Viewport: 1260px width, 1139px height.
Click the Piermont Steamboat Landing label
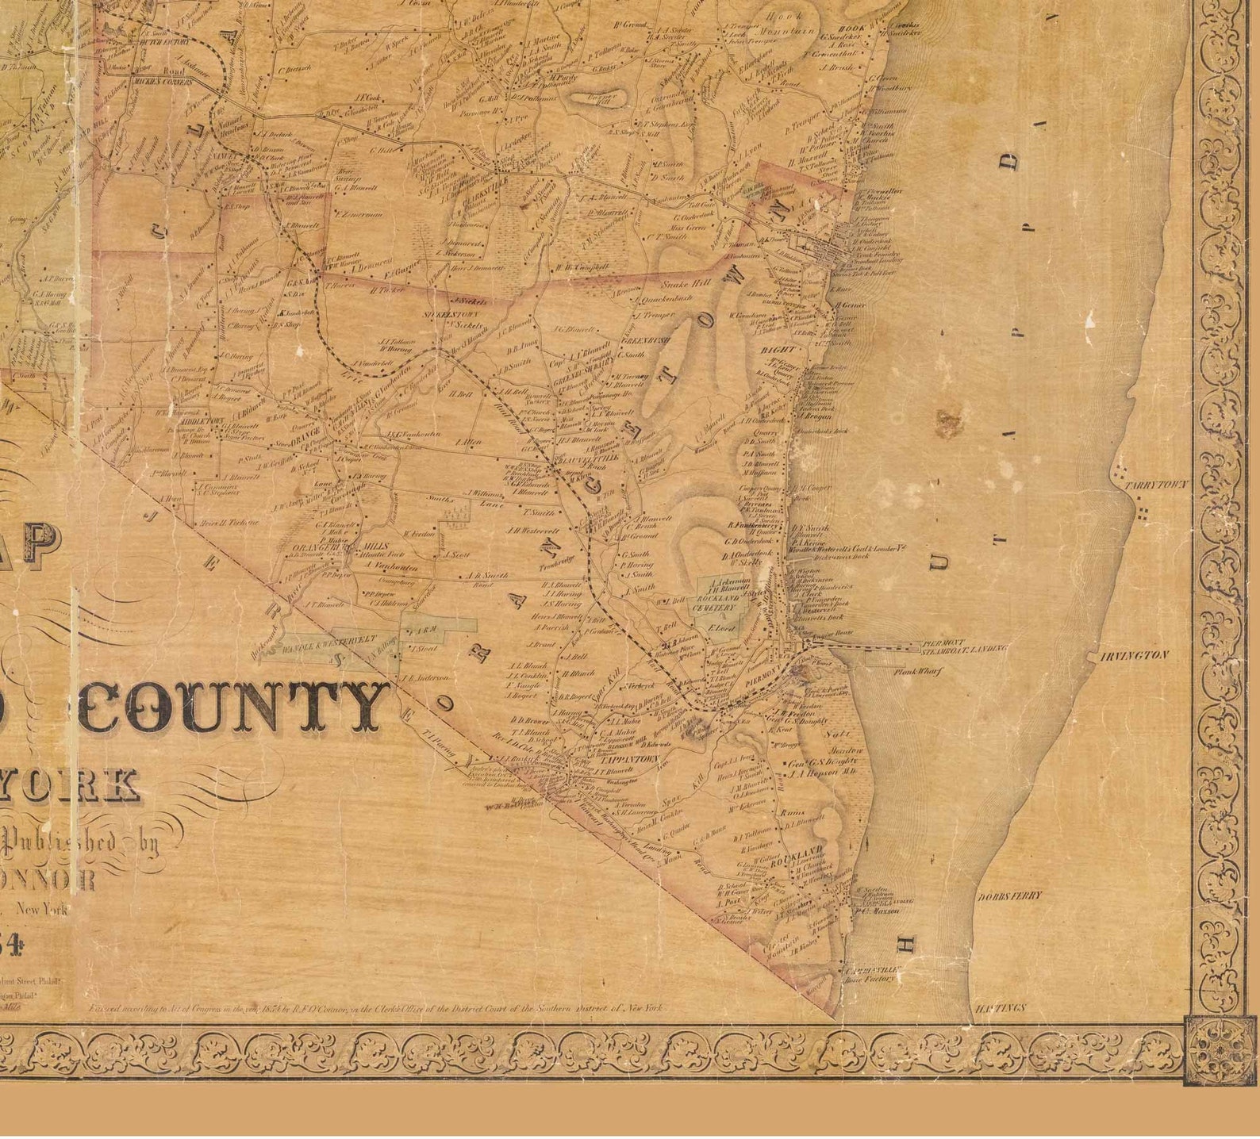click(x=963, y=646)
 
